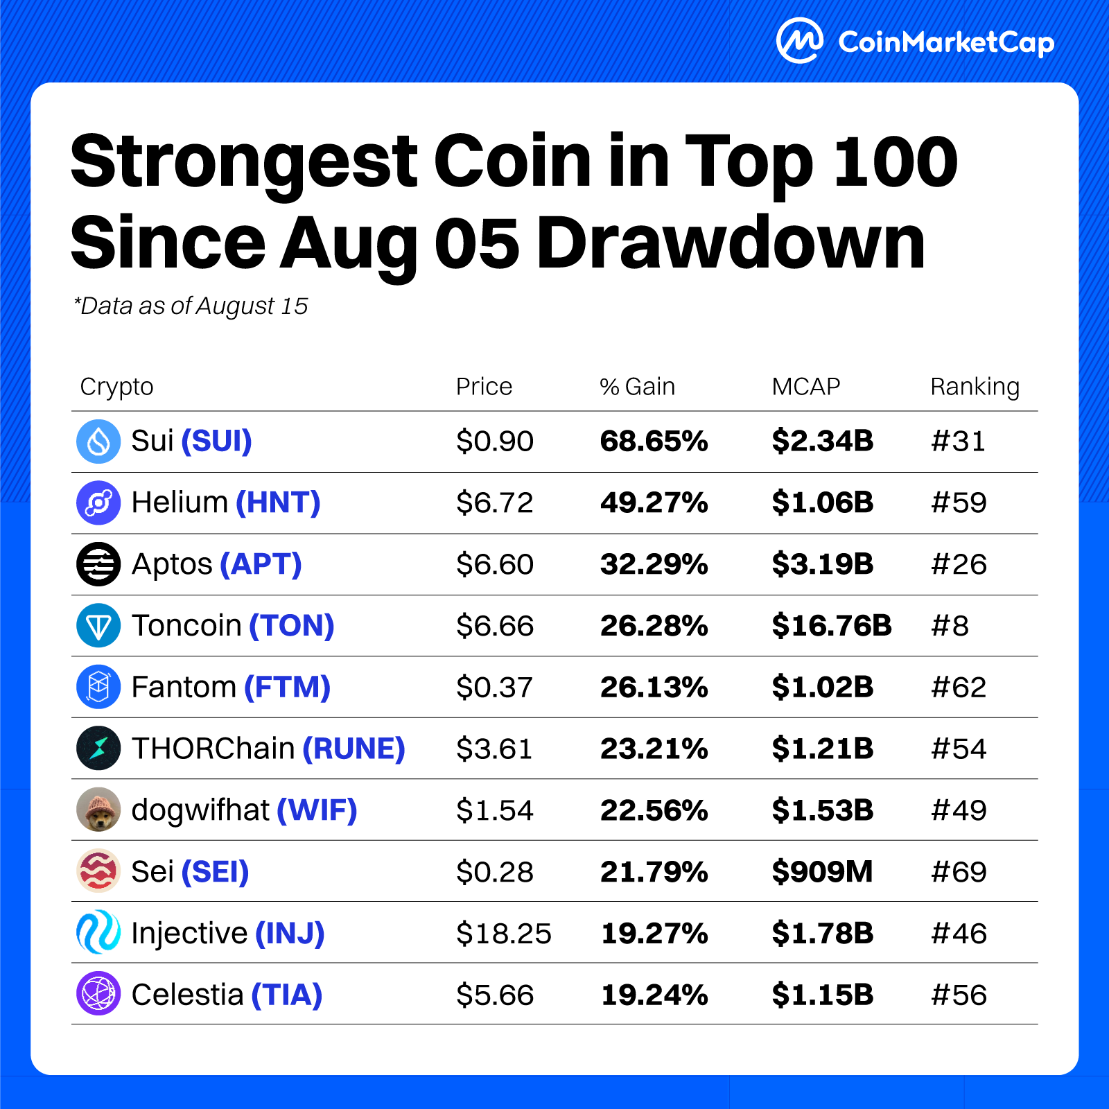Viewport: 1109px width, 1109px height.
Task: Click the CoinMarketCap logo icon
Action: (799, 41)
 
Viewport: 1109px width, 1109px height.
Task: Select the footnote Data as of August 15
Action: (191, 306)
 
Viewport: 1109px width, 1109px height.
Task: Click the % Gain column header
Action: (637, 386)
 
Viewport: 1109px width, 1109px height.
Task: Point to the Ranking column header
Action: (975, 386)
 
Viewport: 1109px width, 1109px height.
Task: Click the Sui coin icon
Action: (98, 442)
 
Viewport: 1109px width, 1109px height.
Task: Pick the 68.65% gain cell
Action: (654, 442)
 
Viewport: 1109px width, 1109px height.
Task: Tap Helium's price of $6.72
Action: (494, 503)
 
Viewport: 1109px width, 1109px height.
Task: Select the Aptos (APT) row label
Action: (216, 564)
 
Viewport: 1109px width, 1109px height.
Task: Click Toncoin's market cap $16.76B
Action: (832, 626)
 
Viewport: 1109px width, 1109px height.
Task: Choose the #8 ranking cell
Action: (950, 626)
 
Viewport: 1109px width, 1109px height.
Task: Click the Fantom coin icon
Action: (98, 687)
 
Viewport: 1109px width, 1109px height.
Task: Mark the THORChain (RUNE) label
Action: (268, 749)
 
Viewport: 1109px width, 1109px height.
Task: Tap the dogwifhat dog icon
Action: (98, 810)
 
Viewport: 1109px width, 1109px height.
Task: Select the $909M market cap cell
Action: (822, 871)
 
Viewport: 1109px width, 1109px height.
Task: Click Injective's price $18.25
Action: (503, 933)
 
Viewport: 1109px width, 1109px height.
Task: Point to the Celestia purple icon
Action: (98, 994)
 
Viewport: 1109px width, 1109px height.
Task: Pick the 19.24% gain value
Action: (654, 995)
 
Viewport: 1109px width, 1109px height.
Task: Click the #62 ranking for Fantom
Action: (959, 687)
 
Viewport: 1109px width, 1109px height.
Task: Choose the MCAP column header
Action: (805, 386)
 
